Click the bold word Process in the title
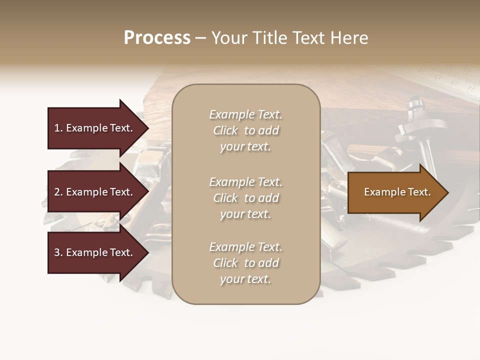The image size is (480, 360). point(157,38)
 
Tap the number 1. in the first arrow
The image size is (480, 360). point(58,128)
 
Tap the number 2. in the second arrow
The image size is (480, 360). point(58,192)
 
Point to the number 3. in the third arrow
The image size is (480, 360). point(58,252)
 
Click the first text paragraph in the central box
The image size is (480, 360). point(245,130)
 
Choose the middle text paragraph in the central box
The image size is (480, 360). point(245,197)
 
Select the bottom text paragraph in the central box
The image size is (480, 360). point(245,263)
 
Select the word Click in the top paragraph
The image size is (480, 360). point(225,130)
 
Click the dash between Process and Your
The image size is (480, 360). point(200,38)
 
